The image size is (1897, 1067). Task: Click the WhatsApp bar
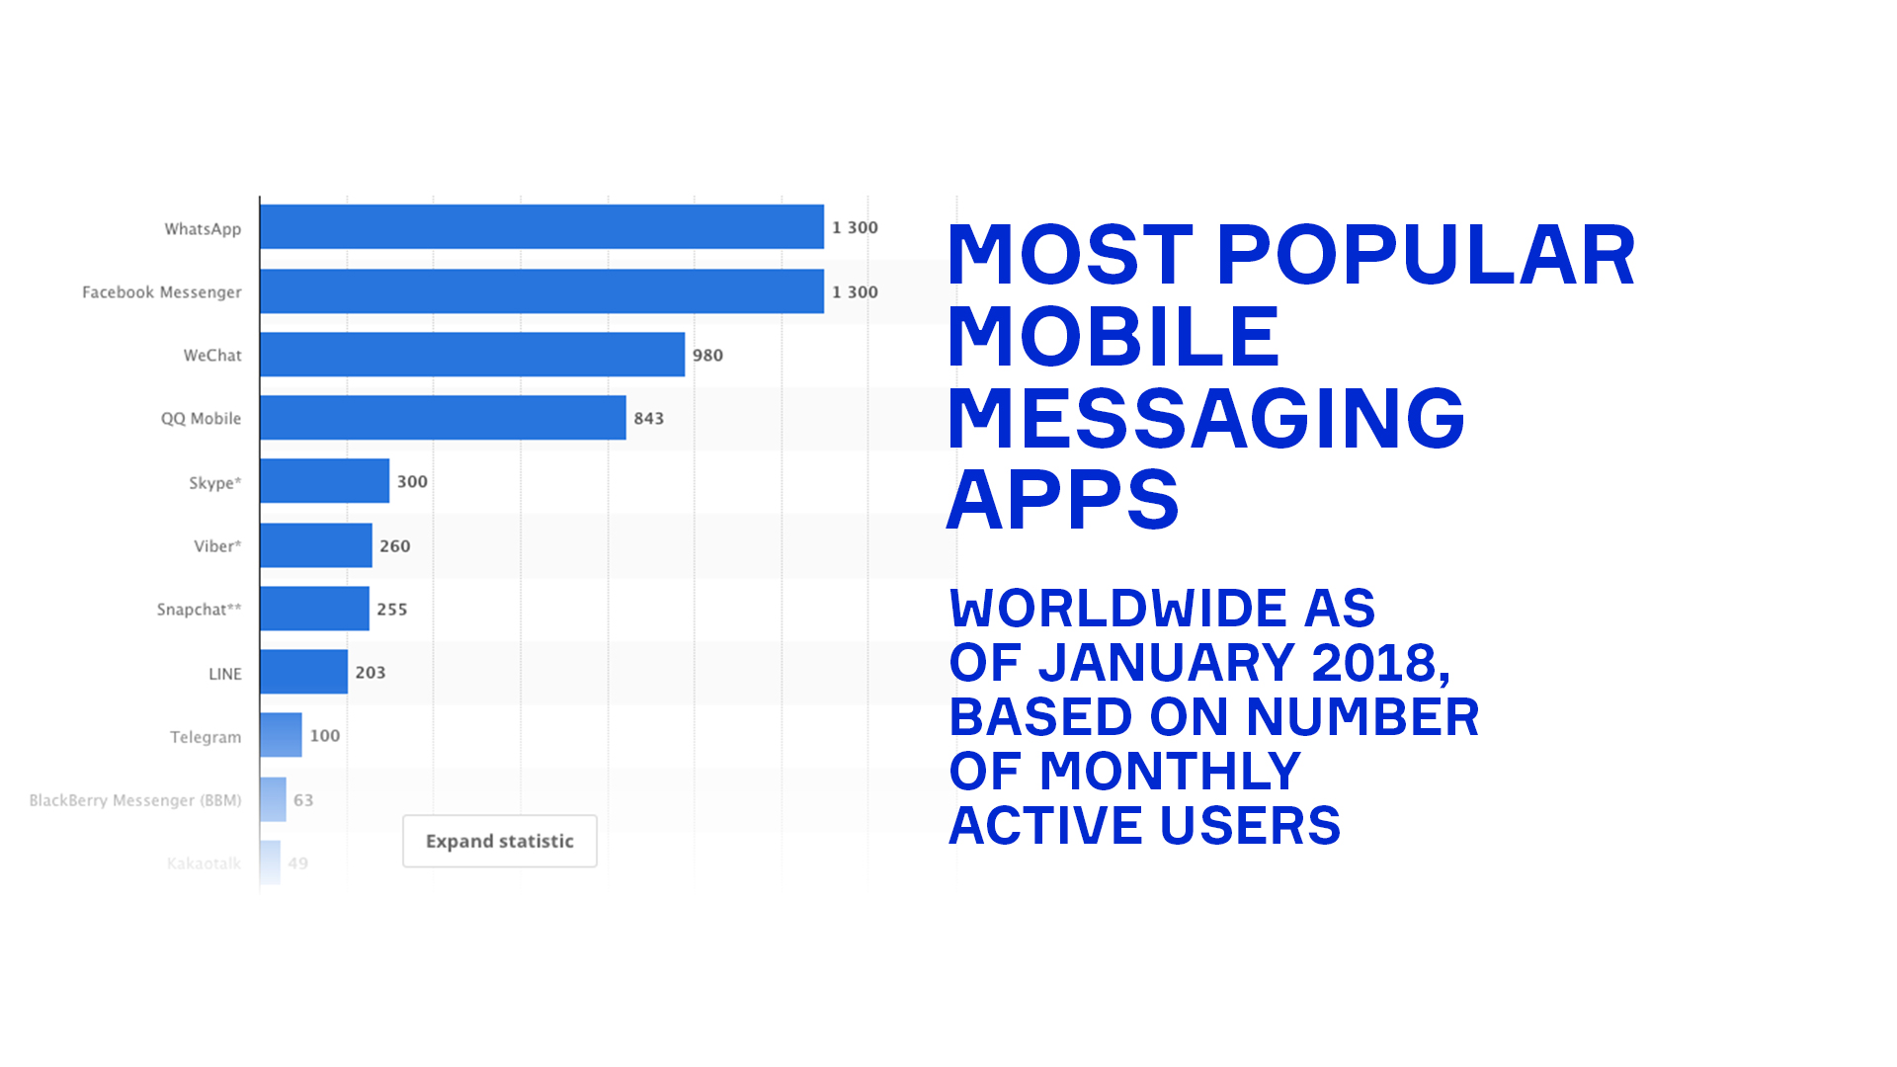[x=541, y=227]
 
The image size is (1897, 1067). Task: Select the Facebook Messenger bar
[x=541, y=291]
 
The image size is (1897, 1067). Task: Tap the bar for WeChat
[x=472, y=355]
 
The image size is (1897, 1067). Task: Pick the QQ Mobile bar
[x=443, y=418]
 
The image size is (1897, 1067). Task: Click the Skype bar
[x=324, y=481]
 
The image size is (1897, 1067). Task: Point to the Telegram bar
[x=281, y=735]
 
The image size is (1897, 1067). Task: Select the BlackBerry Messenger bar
[x=273, y=799]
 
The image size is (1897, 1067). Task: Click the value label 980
[x=707, y=356]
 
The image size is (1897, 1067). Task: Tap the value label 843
[x=648, y=419]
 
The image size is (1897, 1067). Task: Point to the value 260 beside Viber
[x=394, y=546]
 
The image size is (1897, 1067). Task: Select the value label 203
[x=371, y=673]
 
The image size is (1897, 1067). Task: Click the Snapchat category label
[x=199, y=610]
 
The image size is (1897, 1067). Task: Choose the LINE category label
[x=224, y=674]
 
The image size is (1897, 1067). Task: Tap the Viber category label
[x=217, y=546]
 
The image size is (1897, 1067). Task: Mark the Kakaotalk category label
[x=204, y=863]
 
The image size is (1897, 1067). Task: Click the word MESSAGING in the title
[x=1205, y=419]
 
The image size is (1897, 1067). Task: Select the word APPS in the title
[x=1063, y=501]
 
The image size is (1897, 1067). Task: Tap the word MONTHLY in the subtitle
[x=1170, y=772]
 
